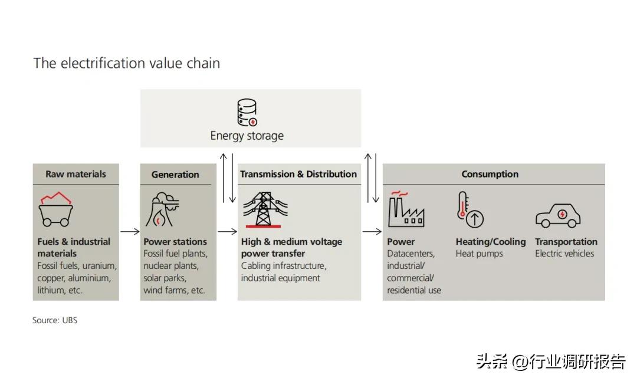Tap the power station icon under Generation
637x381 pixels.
click(x=162, y=209)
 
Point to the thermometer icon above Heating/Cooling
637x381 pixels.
click(x=470, y=210)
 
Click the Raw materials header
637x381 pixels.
click(x=76, y=174)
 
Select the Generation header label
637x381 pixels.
click(x=175, y=175)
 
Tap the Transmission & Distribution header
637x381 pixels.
click(x=298, y=174)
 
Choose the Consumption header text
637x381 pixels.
click(x=490, y=174)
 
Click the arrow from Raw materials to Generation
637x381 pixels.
click(x=130, y=232)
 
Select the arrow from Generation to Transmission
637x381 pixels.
click(x=227, y=232)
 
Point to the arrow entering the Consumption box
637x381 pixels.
click(x=372, y=232)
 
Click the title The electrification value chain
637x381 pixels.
click(x=127, y=63)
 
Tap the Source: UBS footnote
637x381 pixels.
click(x=55, y=320)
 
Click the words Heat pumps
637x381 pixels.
click(x=480, y=254)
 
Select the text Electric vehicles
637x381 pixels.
click(x=564, y=254)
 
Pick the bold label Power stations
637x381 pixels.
click(x=175, y=242)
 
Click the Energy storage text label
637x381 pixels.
click(x=247, y=136)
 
